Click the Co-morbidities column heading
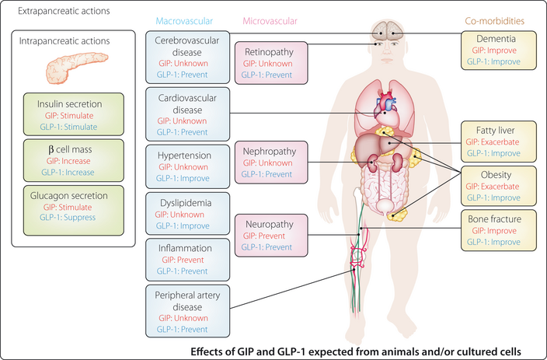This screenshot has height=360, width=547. [x=494, y=19]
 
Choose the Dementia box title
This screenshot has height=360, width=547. [x=494, y=37]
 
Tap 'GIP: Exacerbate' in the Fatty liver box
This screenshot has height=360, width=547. [x=494, y=141]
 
